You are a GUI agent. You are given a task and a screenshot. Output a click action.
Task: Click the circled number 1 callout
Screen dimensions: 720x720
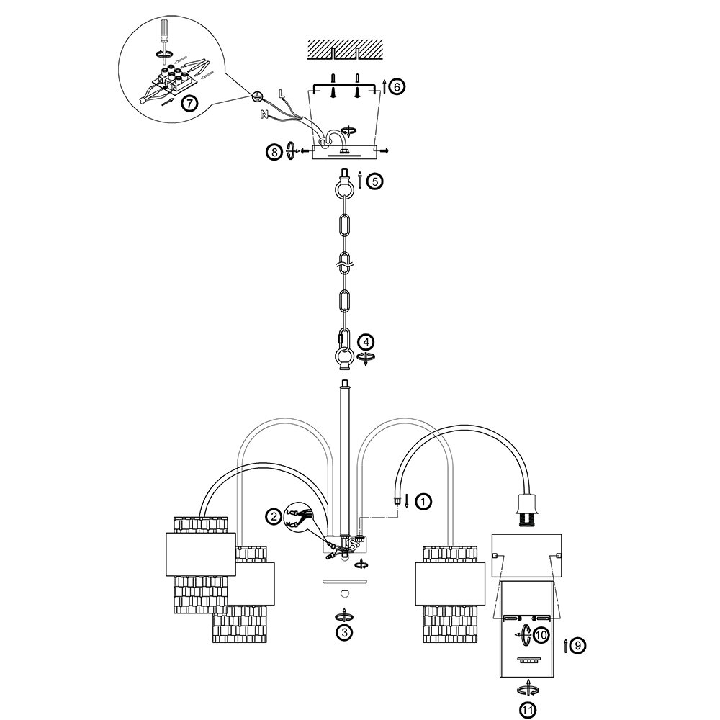(423, 499)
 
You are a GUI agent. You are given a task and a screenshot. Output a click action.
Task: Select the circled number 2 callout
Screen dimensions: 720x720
(273, 516)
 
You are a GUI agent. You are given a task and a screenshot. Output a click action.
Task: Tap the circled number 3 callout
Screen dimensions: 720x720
(345, 632)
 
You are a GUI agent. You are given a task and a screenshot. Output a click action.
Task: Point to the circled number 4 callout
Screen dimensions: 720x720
(366, 341)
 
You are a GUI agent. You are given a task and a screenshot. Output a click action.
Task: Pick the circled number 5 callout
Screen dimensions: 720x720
(374, 181)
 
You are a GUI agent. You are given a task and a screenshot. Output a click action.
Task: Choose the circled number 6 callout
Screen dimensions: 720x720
(397, 87)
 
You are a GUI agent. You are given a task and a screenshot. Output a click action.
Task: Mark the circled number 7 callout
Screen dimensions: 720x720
(188, 104)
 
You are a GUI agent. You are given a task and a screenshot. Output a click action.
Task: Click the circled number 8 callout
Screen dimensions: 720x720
(273, 151)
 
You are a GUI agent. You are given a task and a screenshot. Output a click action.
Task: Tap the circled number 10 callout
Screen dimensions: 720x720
(541, 634)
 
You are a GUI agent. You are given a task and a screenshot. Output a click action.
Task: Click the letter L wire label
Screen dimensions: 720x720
(282, 92)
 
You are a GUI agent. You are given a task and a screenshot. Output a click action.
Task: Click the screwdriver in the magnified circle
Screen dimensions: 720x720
(163, 33)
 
